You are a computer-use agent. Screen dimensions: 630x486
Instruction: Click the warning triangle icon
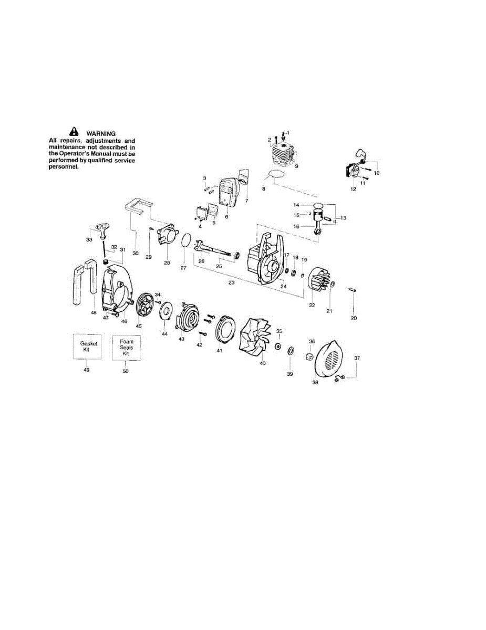click(74, 132)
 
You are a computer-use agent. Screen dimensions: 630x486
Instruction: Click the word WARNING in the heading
click(101, 133)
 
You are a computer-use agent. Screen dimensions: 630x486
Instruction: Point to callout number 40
click(263, 363)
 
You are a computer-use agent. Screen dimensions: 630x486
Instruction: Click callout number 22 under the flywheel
click(312, 305)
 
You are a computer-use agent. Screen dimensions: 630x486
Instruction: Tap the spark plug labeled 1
click(283, 135)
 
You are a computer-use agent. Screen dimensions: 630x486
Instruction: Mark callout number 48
click(94, 313)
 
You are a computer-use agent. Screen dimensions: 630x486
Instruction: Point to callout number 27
click(183, 268)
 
